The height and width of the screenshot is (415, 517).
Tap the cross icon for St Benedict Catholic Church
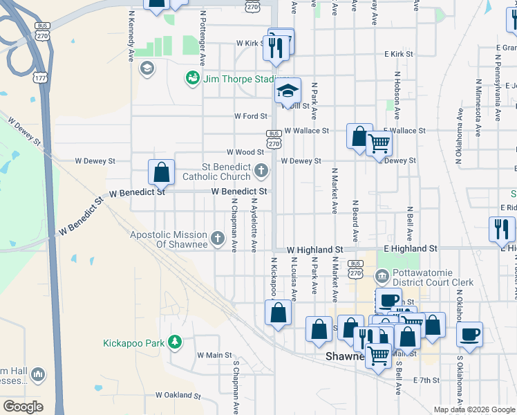click(x=261, y=169)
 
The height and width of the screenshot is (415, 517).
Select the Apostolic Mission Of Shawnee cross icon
click(x=218, y=239)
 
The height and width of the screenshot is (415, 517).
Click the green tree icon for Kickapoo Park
click(x=176, y=342)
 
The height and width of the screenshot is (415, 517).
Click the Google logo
click(x=22, y=406)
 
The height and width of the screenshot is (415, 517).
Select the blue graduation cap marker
click(x=288, y=91)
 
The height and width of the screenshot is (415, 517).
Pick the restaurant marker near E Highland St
click(x=502, y=230)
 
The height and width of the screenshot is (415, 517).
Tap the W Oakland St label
click(x=178, y=396)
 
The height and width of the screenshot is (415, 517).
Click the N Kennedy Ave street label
click(x=130, y=35)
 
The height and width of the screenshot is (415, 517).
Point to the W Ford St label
click(x=250, y=116)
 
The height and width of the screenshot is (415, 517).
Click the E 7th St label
click(x=426, y=380)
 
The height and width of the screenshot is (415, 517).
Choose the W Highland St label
click(x=314, y=249)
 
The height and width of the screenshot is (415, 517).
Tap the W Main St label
click(x=214, y=355)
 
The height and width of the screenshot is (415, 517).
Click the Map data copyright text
click(x=474, y=409)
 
